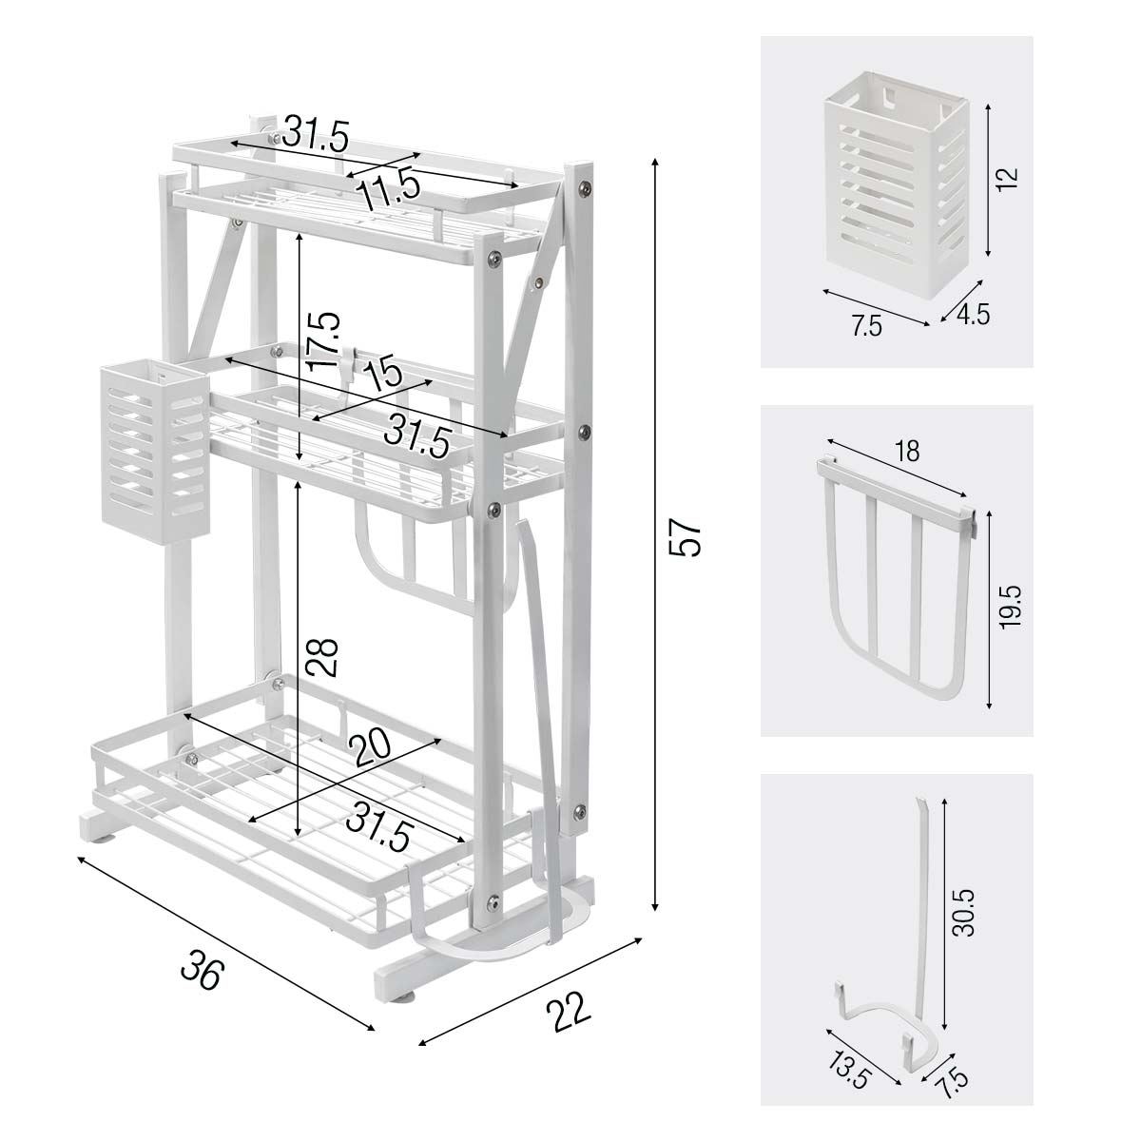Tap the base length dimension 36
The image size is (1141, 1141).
[x=203, y=970]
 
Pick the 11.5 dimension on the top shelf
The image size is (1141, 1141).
[x=389, y=188]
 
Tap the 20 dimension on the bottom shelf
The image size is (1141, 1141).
[x=370, y=747]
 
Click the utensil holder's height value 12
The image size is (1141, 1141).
[x=1007, y=178]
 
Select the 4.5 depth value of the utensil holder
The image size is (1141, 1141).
[x=974, y=315]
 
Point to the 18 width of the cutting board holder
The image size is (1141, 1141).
[x=907, y=452]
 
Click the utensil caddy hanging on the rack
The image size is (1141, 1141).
[x=155, y=452]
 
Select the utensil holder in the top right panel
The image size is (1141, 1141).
[x=897, y=183]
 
